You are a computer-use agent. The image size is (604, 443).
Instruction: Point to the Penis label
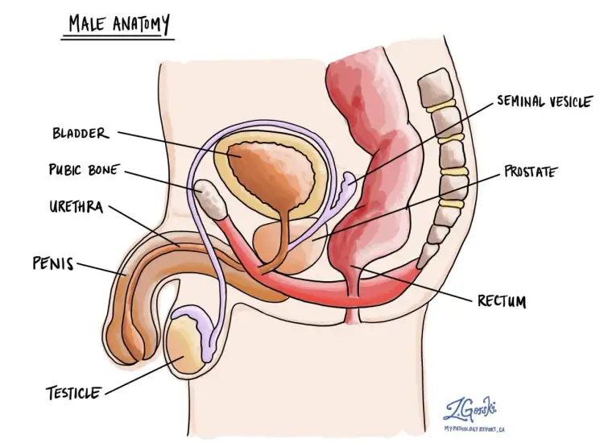(x=52, y=263)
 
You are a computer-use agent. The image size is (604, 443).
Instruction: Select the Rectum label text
(x=501, y=302)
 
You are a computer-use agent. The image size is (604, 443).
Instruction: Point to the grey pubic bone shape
(x=210, y=198)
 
